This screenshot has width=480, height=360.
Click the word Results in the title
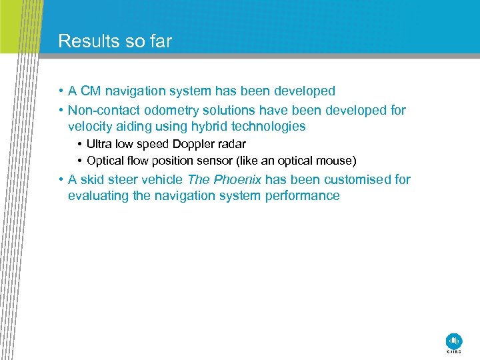(84, 41)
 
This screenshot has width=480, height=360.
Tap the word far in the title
(160, 41)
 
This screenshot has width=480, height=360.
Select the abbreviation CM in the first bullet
(89, 91)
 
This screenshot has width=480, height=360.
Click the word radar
(231, 144)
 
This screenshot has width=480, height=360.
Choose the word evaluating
(97, 195)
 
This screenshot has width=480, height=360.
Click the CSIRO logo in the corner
(454, 341)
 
